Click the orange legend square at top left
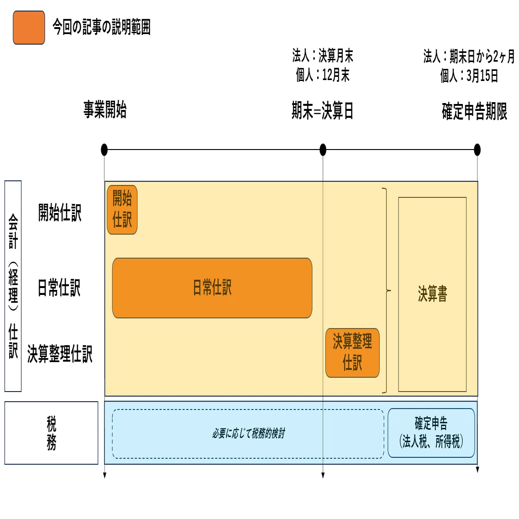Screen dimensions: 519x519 tap(29, 28)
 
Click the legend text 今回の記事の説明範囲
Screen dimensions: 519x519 tap(102, 27)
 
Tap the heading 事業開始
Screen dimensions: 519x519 tap(105, 110)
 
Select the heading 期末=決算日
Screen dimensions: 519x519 tap(323, 110)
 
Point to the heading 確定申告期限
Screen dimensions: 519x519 tap(474, 111)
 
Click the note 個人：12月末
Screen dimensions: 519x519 tap(323, 75)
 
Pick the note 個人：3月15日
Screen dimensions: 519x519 tap(469, 76)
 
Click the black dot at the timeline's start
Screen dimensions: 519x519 tap(104, 150)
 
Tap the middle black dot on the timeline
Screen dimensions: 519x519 tap(323, 150)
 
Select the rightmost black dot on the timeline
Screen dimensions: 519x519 tap(477, 150)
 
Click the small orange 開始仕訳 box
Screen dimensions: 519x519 tap(122, 210)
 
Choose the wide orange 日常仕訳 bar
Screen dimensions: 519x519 tap(212, 288)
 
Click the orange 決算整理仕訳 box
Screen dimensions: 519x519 tap(352, 353)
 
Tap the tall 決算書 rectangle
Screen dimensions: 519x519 tap(432, 294)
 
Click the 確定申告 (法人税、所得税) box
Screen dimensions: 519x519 tap(431, 433)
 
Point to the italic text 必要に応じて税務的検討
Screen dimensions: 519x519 tap(248, 433)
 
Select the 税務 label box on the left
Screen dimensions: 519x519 tap(52, 433)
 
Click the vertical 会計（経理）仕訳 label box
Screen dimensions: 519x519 tap(13, 286)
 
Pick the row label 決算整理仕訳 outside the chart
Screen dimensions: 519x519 tap(60, 354)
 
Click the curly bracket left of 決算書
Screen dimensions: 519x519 tap(386, 291)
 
